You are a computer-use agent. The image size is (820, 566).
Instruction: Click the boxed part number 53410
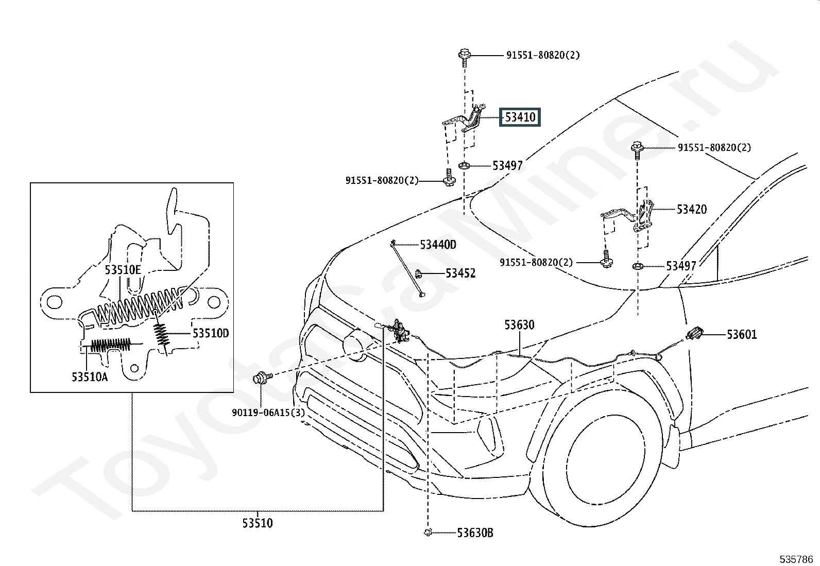[520, 117]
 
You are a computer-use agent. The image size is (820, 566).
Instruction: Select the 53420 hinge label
[692, 210]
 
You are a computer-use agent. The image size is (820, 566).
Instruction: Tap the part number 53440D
[438, 245]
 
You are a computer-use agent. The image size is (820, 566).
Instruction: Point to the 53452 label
[460, 273]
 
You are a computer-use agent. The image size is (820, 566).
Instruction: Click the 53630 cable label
[520, 325]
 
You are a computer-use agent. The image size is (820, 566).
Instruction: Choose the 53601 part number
[742, 335]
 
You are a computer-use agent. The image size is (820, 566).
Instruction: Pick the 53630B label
[475, 533]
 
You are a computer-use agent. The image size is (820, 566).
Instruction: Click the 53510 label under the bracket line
[258, 523]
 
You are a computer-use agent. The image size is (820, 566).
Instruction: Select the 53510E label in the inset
[123, 270]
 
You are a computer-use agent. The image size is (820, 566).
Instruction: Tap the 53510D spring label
[211, 333]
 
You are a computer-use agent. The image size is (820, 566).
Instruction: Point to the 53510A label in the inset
[90, 376]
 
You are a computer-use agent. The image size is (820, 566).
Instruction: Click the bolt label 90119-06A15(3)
[268, 413]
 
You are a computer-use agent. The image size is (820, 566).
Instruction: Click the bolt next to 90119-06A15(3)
[263, 377]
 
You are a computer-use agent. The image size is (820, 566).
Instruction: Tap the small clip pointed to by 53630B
[428, 533]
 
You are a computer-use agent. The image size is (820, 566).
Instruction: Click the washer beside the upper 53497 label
[464, 166]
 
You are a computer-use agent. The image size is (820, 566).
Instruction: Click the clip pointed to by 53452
[418, 273]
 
